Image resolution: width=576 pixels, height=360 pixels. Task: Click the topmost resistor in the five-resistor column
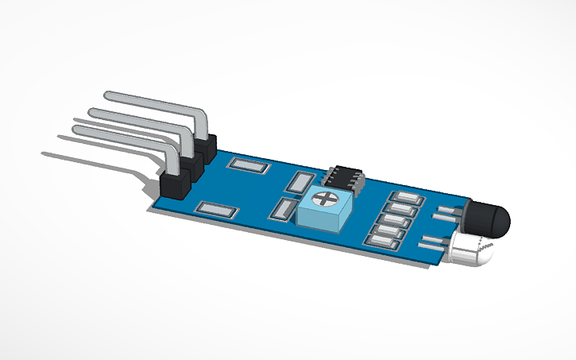coord(404,199)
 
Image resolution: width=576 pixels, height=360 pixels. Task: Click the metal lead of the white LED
coord(433,242)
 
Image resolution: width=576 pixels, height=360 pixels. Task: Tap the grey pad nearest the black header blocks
coord(245,166)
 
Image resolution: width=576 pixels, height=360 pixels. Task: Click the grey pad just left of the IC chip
coord(301,183)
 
